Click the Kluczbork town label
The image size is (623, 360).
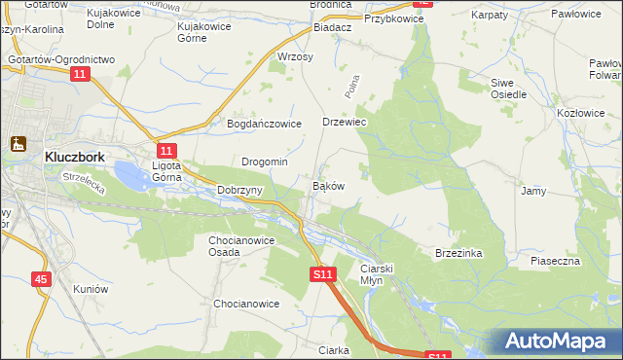pos(75,155)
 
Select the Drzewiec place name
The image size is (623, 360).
pos(343,123)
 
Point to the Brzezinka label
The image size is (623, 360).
pos(458,252)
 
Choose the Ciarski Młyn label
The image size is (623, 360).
pos(376,273)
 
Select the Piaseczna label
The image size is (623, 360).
pos(555,261)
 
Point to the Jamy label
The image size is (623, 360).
pos(532,191)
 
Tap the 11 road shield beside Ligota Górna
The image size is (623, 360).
pos(166,151)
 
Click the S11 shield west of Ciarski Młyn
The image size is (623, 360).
pos(324,275)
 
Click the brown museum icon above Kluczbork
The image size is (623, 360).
pos(18,144)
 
